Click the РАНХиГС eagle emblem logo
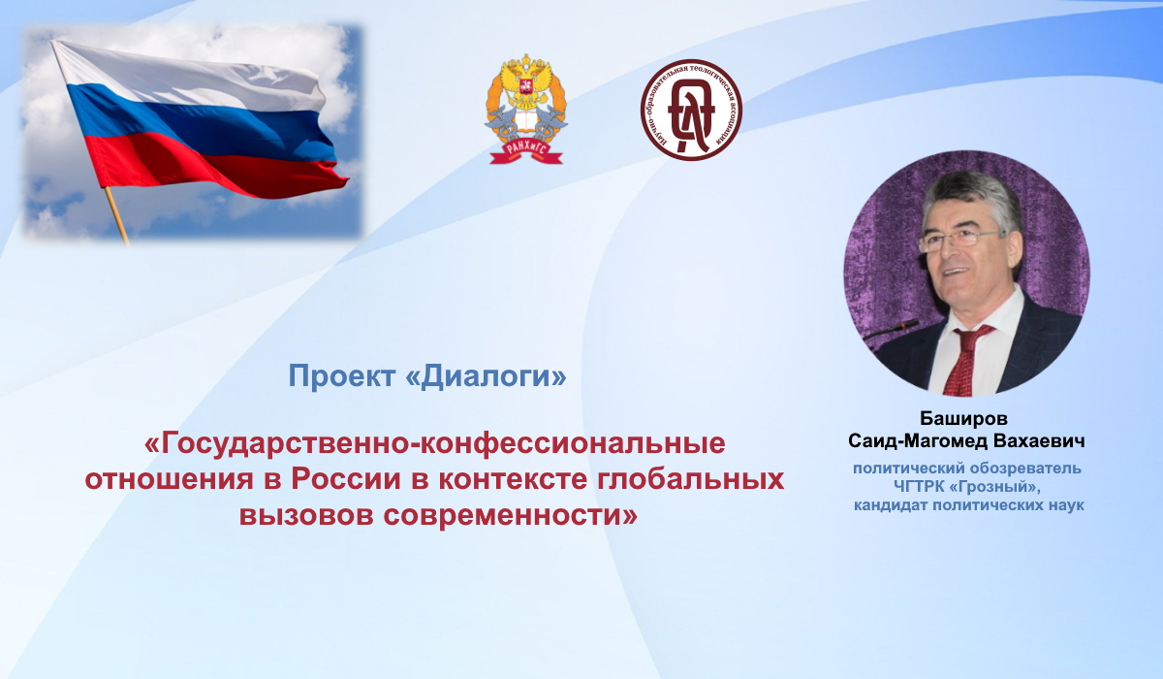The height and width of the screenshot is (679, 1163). (x=526, y=109)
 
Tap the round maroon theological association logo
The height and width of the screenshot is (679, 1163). (x=691, y=109)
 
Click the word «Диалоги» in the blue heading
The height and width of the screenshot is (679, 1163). (x=485, y=375)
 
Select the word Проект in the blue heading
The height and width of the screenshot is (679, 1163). (x=340, y=375)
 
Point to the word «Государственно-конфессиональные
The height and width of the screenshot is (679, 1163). (x=434, y=444)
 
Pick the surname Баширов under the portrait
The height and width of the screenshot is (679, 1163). (x=963, y=418)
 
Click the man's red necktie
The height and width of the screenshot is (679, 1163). (x=967, y=360)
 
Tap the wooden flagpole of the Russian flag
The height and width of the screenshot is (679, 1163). (x=117, y=215)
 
